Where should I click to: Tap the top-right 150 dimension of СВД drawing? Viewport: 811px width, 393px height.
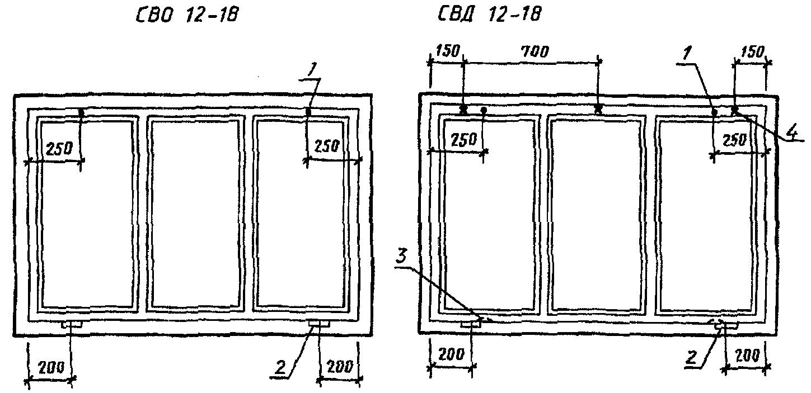(751, 52)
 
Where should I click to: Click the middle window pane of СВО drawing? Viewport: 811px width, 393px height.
(195, 213)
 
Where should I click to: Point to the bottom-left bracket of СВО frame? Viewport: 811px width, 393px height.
(72, 324)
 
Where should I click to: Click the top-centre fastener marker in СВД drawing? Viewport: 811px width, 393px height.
(598, 109)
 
